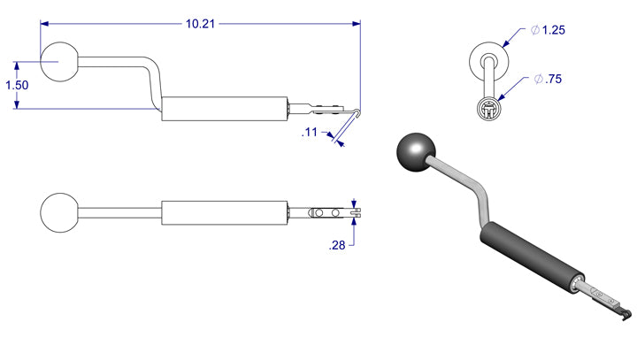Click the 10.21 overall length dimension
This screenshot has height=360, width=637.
pyautogui.click(x=200, y=24)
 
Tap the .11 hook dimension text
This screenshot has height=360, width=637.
pyautogui.click(x=309, y=132)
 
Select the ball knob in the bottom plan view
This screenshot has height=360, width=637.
pyautogui.click(x=59, y=213)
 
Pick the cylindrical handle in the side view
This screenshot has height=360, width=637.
pyautogui.click(x=226, y=108)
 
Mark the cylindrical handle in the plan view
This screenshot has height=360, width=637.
pyautogui.click(x=226, y=213)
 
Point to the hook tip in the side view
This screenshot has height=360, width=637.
pyautogui.click(x=355, y=112)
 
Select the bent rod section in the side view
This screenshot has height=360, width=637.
pyautogui.click(x=156, y=80)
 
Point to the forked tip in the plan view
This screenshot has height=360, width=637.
pyautogui.click(x=355, y=213)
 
